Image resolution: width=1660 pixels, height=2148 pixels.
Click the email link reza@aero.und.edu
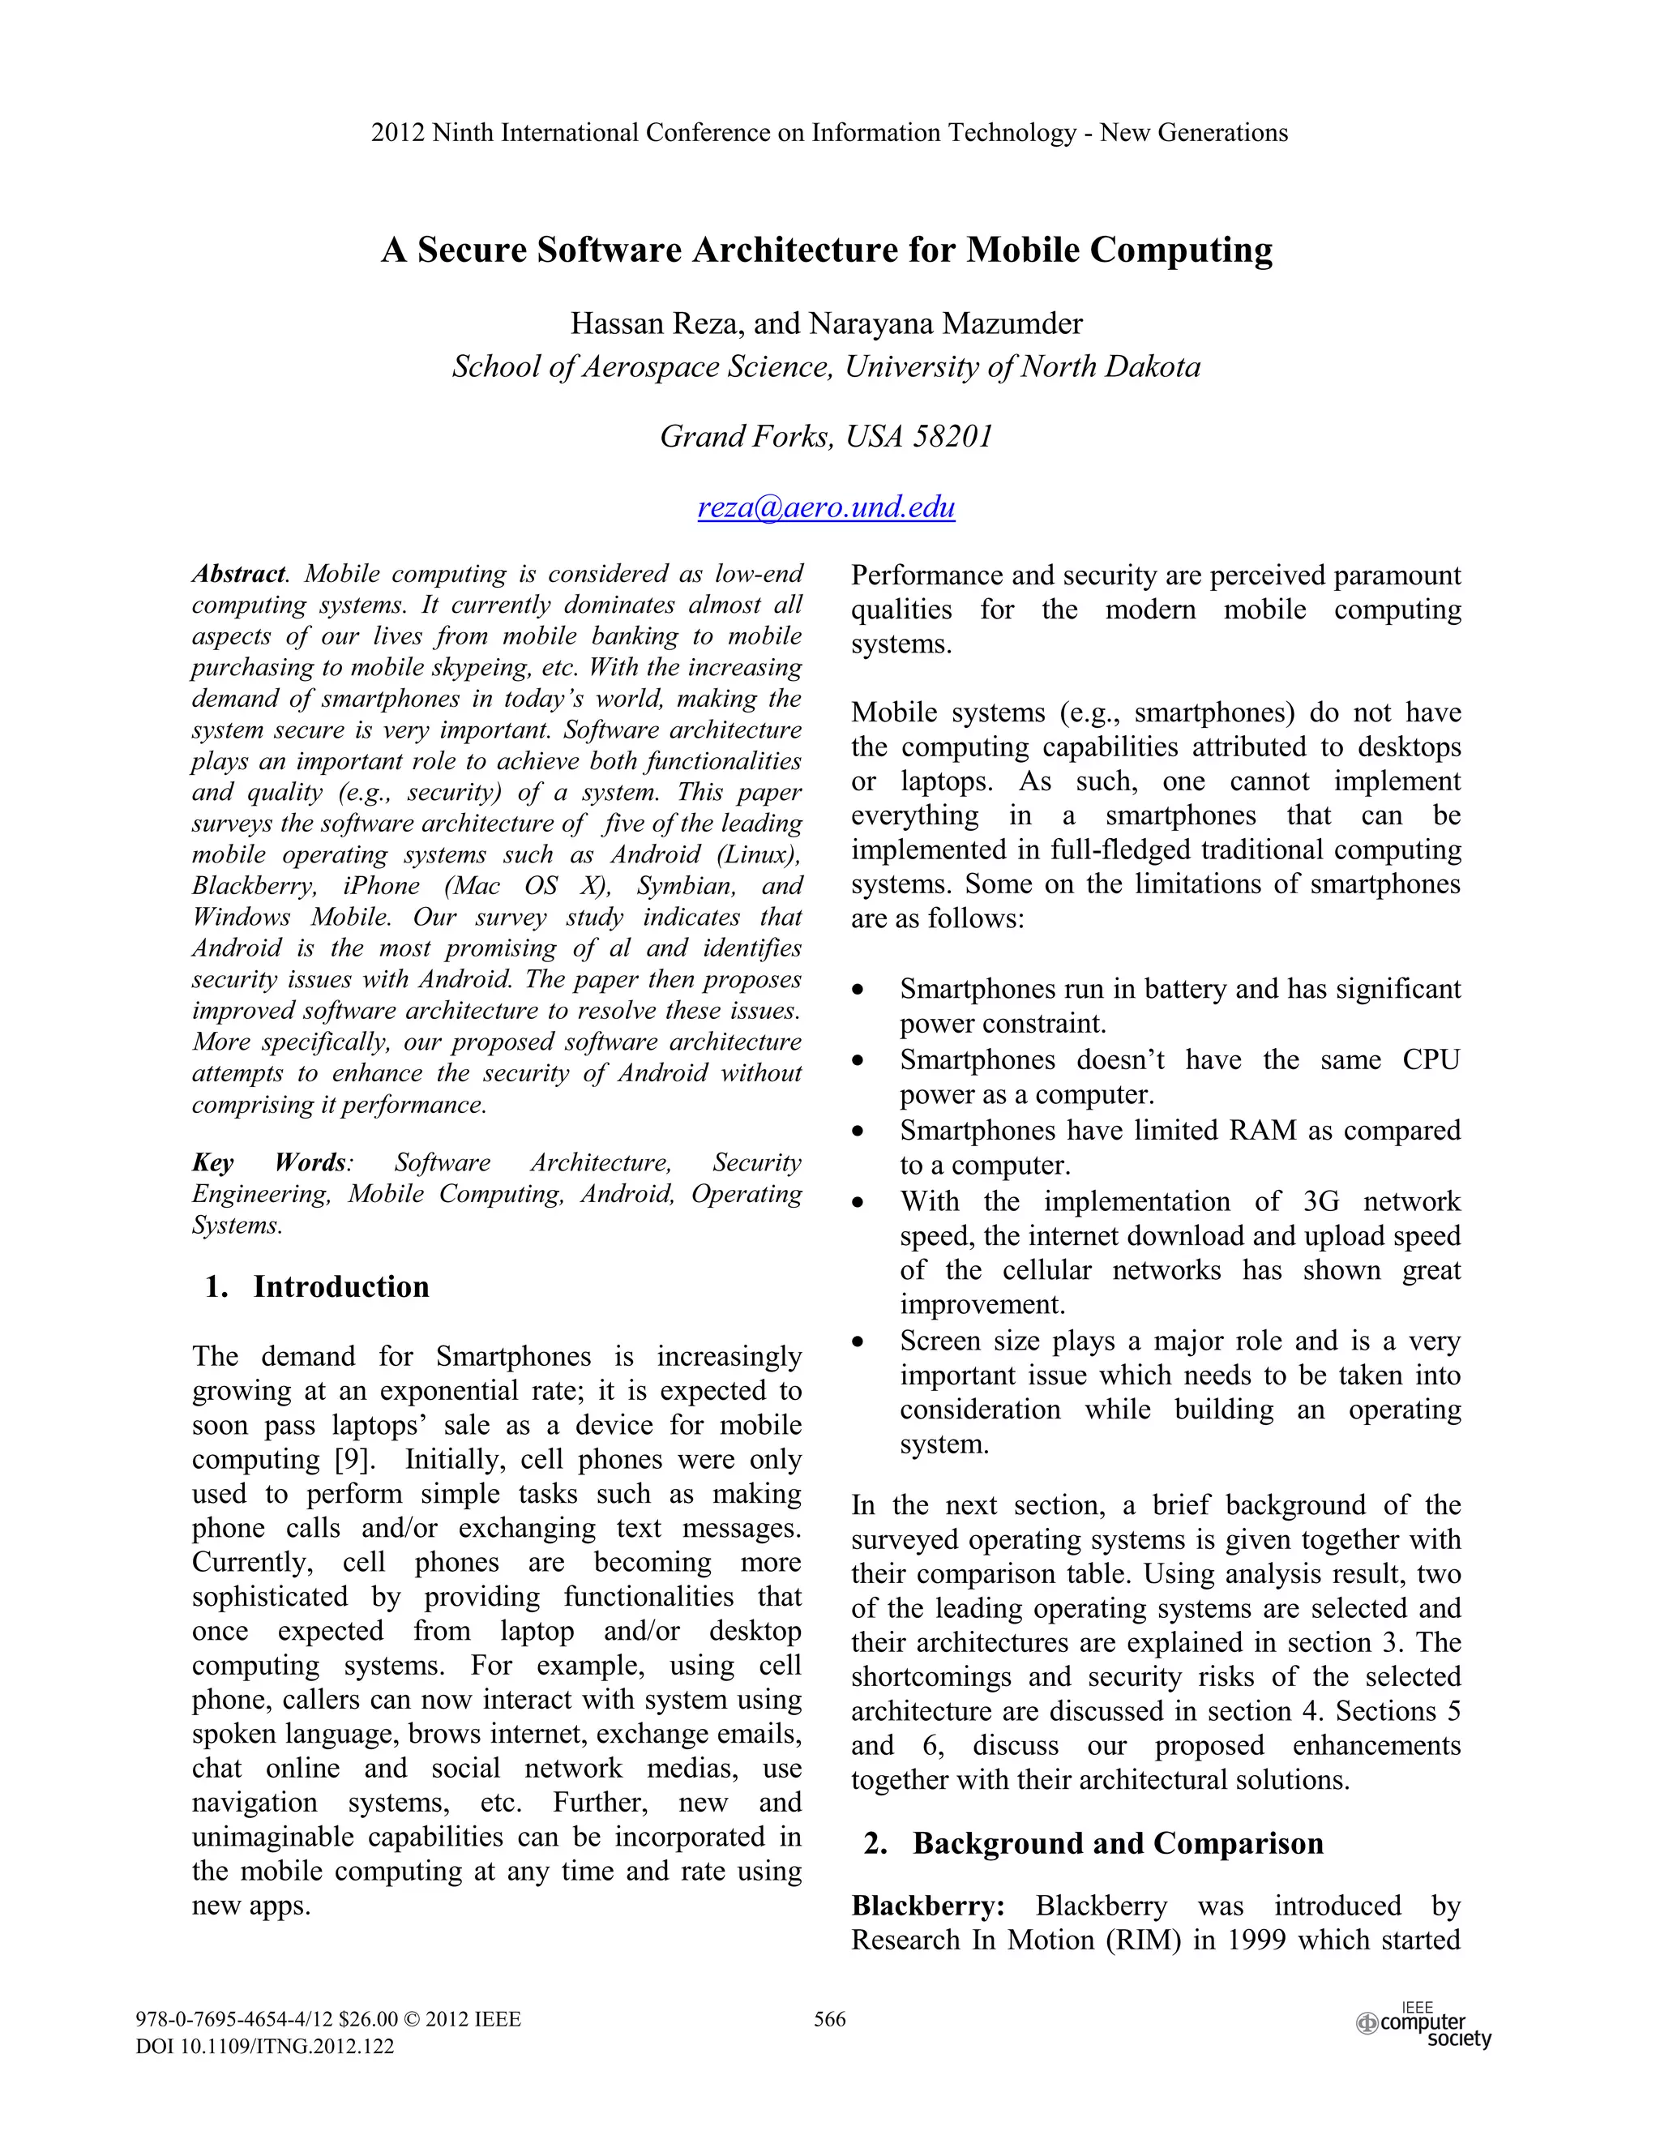click(826, 507)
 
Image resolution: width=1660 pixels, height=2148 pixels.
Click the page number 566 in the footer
click(829, 2019)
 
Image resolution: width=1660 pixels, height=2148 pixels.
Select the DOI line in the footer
click(264, 2047)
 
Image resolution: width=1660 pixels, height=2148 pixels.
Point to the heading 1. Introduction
click(317, 1286)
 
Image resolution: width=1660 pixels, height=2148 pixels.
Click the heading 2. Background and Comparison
click(1093, 1843)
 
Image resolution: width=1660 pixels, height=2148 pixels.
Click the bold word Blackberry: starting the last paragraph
click(927, 1906)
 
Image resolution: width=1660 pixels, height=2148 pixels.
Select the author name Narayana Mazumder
click(945, 323)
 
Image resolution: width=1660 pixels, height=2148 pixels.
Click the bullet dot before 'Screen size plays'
click(858, 1342)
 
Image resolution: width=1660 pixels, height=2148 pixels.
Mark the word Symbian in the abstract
click(686, 886)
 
